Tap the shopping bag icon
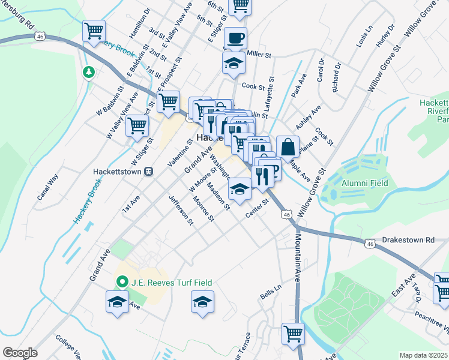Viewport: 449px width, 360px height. coord(288,147)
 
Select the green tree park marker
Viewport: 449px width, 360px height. coord(89,73)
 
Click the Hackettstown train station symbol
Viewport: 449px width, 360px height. coord(148,170)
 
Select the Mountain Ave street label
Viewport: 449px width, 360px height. coord(297,258)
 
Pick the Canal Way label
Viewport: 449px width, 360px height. coord(48,187)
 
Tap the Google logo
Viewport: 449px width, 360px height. coord(19,352)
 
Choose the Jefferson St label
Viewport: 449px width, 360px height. coord(181,211)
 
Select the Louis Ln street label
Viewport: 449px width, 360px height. coord(364,36)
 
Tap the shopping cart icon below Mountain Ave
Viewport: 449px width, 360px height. coord(293,333)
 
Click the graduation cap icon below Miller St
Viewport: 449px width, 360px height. coord(233,62)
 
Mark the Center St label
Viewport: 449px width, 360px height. coord(255,214)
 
